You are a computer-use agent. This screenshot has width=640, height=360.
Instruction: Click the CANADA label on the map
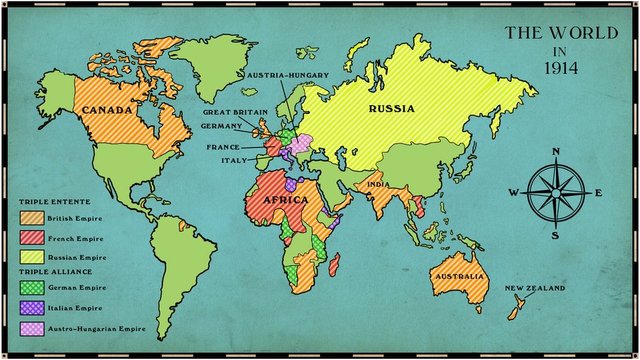(108, 109)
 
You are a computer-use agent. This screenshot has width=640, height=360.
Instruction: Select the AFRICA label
(284, 200)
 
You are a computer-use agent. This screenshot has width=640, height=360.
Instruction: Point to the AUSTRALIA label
(458, 275)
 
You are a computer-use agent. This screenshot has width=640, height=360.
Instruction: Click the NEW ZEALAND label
(534, 288)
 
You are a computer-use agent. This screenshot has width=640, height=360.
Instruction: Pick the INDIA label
(377, 184)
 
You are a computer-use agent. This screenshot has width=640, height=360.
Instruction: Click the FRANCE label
(223, 146)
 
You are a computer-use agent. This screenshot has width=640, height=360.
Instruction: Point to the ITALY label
(234, 160)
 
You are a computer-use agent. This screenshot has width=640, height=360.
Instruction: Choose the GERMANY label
(220, 126)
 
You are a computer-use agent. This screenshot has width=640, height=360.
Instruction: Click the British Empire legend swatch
(31, 217)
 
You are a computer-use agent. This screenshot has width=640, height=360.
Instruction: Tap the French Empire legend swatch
(31, 237)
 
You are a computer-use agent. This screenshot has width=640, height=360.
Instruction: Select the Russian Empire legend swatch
(31, 257)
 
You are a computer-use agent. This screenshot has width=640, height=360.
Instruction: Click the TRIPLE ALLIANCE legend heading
(57, 272)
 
